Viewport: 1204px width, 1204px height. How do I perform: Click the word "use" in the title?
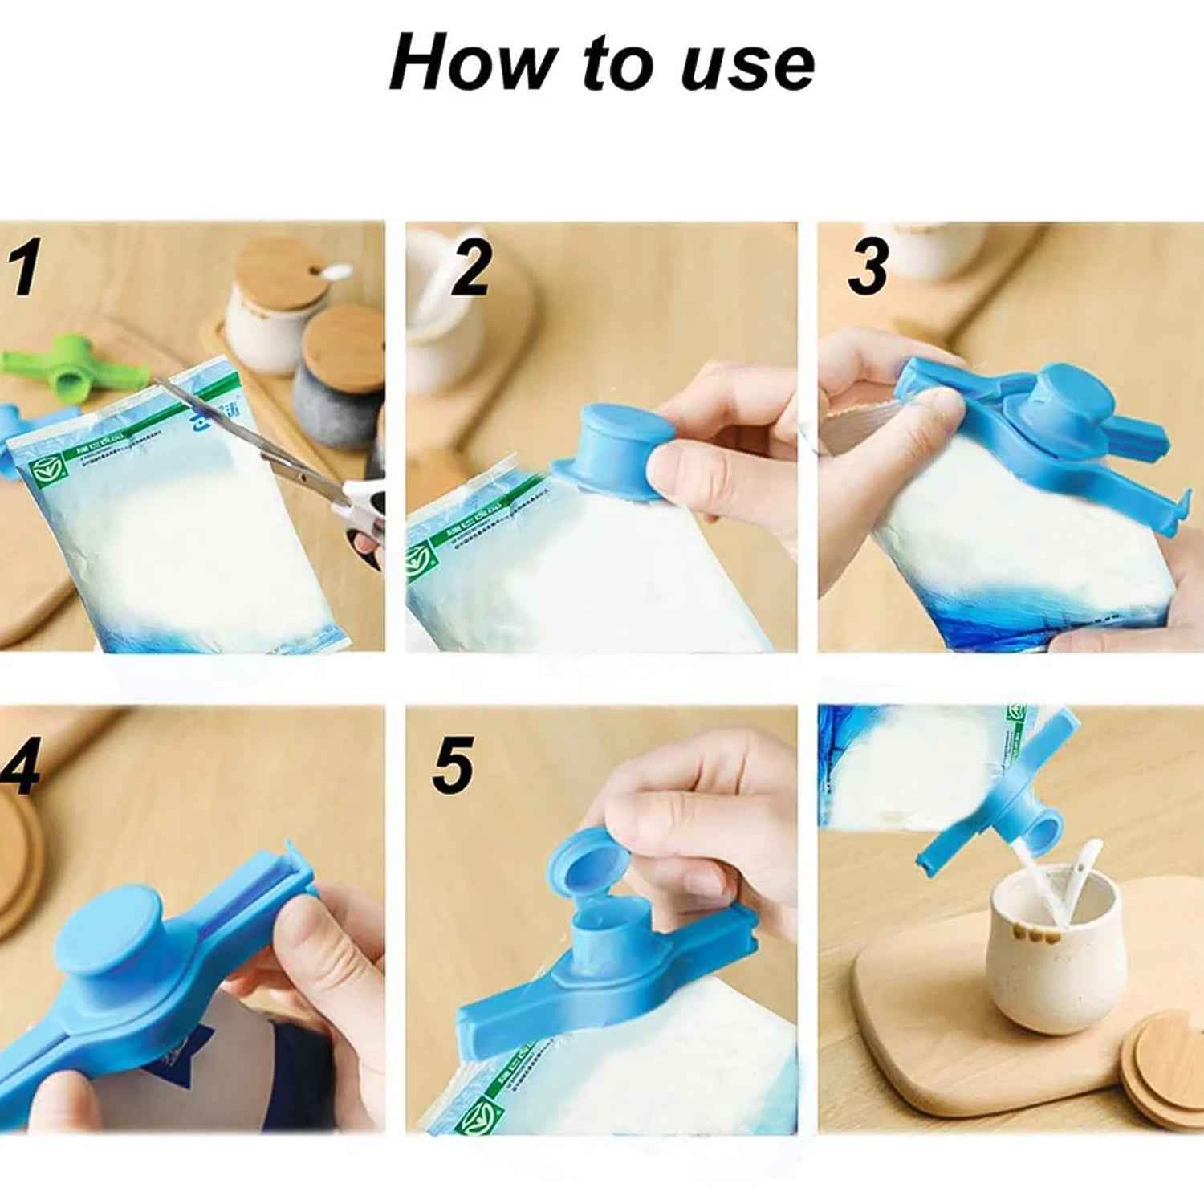pyautogui.click(x=746, y=66)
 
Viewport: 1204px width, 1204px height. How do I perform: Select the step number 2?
pyautogui.click(x=470, y=269)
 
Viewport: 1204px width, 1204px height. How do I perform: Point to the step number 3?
pyautogui.click(x=868, y=267)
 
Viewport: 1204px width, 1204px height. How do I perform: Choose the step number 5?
pyautogui.click(x=453, y=767)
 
